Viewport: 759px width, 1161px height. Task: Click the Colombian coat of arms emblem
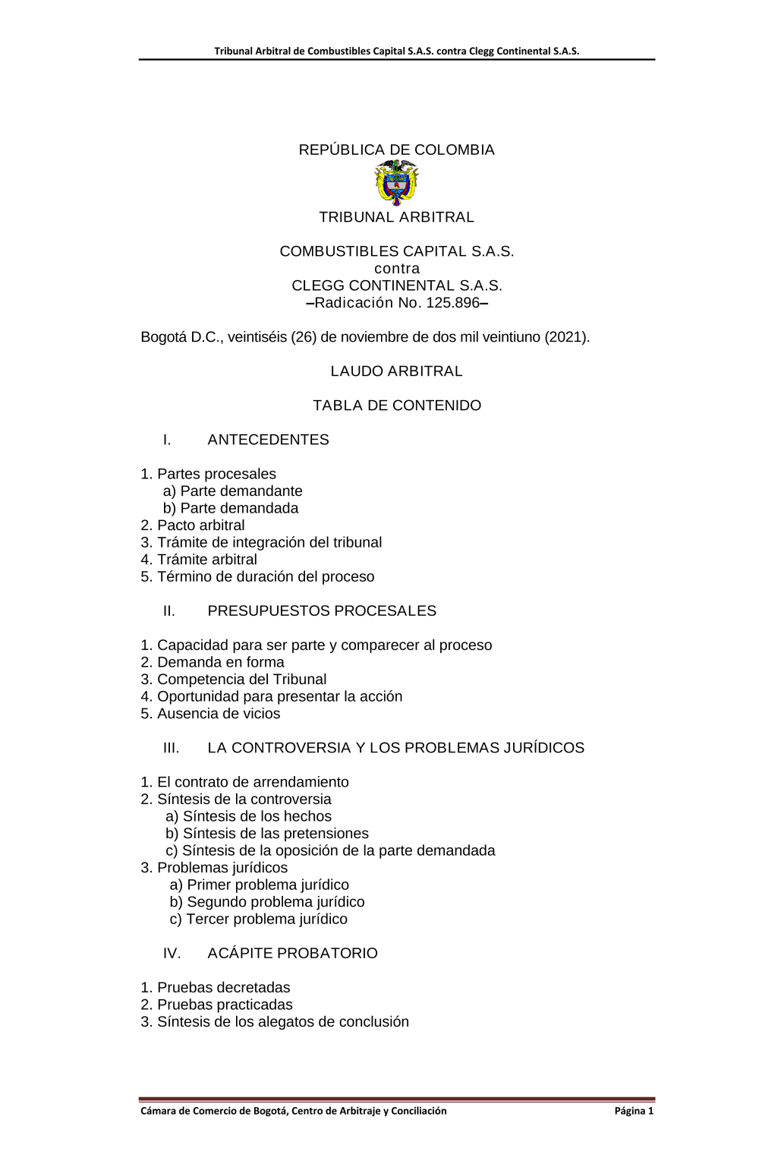point(396,182)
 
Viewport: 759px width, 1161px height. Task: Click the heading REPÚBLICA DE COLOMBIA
point(396,150)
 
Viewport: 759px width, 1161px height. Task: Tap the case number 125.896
point(452,303)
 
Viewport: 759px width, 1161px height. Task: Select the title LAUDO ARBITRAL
point(396,371)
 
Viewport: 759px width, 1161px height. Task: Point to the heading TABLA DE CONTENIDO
point(396,405)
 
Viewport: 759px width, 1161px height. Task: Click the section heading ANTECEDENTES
point(268,440)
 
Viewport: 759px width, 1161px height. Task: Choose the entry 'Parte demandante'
point(241,491)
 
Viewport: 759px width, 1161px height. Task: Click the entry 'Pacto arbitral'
point(200,525)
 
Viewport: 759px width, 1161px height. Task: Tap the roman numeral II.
point(169,611)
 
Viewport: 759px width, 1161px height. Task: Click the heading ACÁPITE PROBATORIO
point(292,954)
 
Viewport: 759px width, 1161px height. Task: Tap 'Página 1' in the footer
point(634,1111)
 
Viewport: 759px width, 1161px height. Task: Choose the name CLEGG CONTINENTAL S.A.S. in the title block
point(396,286)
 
